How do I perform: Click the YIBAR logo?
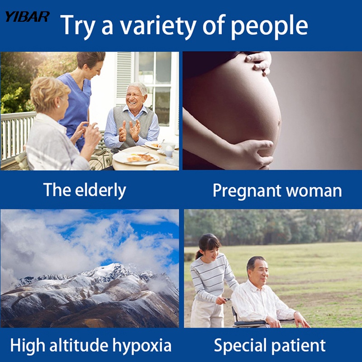tap(27, 17)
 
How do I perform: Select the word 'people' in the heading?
tap(269, 26)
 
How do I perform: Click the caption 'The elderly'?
tap(85, 190)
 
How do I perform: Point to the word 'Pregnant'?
tap(247, 191)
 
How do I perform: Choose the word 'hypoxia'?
tap(142, 346)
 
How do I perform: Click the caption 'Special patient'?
tap(270, 346)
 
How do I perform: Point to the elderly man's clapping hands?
tap(129, 131)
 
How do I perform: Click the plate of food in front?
tap(136, 158)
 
